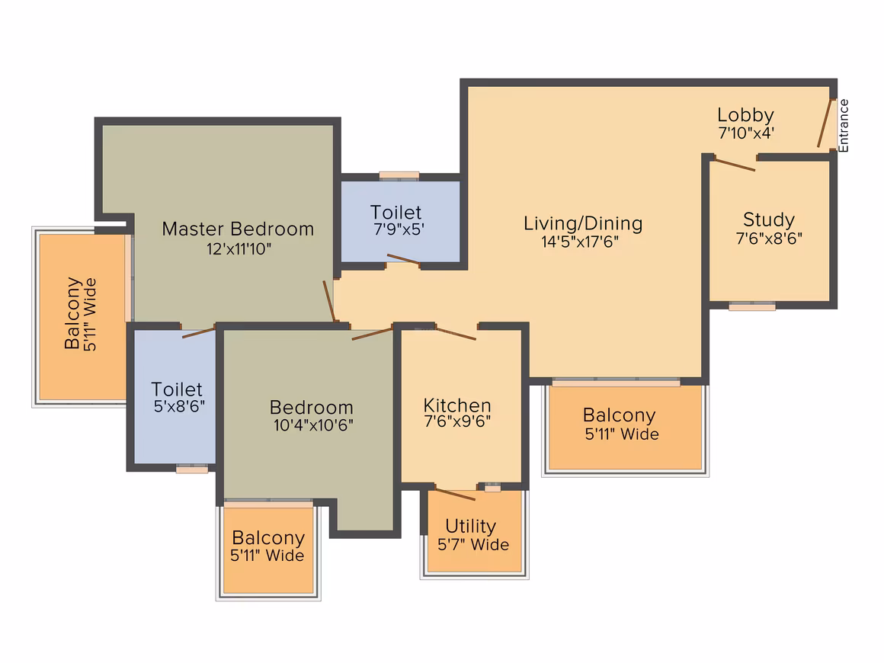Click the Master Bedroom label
click(238, 229)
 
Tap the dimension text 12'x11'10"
click(239, 248)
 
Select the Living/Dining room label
click(583, 224)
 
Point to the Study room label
click(769, 219)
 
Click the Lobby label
click(745, 115)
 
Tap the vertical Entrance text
click(844, 126)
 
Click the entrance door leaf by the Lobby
click(825, 123)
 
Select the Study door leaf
click(735, 165)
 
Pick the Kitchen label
click(457, 405)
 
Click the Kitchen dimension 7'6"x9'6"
click(457, 421)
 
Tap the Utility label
click(471, 526)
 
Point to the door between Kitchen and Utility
click(455, 494)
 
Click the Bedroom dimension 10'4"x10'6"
click(313, 425)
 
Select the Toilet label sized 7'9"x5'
click(396, 213)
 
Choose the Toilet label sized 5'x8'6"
click(177, 389)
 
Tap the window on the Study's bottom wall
click(752, 306)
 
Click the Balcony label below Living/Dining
click(619, 415)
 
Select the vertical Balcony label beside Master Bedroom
click(72, 313)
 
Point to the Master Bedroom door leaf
click(329, 301)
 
